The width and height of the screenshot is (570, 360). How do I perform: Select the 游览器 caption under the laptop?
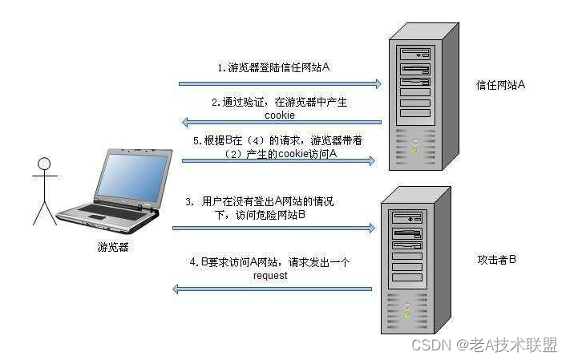point(113,247)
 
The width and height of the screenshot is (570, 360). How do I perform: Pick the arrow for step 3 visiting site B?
point(273,229)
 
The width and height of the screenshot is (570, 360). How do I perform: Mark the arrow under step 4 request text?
point(273,289)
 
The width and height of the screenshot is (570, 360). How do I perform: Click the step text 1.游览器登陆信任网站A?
point(274,68)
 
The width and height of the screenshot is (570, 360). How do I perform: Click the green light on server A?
point(416,150)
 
